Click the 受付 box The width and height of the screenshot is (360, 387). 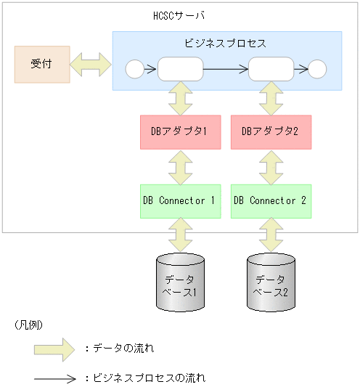pos(42,65)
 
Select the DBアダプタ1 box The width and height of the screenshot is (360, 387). pos(179,131)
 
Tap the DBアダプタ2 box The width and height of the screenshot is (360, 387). pos(270,131)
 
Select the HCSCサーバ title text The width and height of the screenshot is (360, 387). pos(179,16)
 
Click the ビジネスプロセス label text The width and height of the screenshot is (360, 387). pos(226,43)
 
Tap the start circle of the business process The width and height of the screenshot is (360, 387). pos(135,70)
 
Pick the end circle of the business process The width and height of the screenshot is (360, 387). pos(317,70)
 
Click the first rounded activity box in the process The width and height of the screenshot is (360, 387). pos(179,70)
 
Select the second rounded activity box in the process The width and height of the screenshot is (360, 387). pos(270,70)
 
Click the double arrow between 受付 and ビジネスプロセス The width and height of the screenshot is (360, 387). pos(91,65)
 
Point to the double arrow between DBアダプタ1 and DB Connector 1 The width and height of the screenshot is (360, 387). pos(179,166)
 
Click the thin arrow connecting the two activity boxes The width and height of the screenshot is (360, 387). pos(225,70)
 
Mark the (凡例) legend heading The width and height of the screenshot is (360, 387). pos(28,325)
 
